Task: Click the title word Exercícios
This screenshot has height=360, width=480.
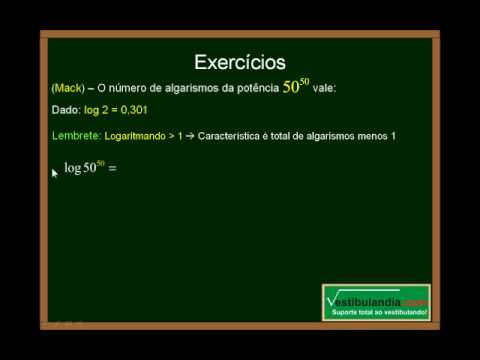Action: click(239, 64)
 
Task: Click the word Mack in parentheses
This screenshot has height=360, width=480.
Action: click(67, 88)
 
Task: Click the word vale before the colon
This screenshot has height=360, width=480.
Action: click(325, 88)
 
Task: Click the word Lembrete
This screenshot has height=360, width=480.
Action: click(73, 135)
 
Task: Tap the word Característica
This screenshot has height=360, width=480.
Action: click(237, 135)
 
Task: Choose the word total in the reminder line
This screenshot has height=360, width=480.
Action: click(289, 135)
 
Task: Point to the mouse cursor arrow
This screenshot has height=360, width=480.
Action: click(54, 173)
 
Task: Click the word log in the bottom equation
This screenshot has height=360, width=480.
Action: click(72, 169)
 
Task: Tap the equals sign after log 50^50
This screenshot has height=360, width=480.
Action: click(112, 169)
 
